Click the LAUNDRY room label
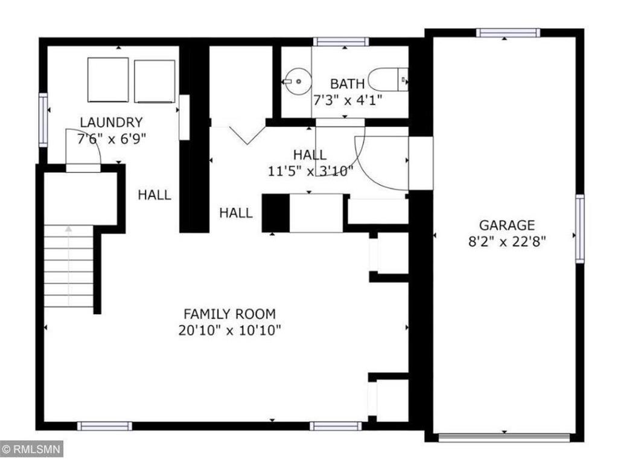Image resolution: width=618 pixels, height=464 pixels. point(112,122)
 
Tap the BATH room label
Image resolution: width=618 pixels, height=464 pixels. point(347,83)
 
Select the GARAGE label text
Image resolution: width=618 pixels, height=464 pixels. point(507,225)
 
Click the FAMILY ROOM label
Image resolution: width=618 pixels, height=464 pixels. point(229,314)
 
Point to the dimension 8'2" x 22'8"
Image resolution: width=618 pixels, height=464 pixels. point(507,241)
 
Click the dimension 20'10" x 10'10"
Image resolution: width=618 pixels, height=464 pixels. point(229,330)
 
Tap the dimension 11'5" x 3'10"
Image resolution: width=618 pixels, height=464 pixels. point(310,171)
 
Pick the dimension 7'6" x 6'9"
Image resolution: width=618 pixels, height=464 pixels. point(112,138)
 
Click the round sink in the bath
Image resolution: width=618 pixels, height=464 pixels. point(297,81)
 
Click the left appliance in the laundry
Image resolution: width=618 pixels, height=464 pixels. point(108,80)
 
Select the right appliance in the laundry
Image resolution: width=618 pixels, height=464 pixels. point(154,80)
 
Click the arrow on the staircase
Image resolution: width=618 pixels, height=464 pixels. point(69,230)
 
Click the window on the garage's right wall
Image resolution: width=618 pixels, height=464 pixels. point(579,228)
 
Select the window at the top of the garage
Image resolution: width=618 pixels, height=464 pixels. point(507,33)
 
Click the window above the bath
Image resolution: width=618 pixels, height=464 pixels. point(341,42)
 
